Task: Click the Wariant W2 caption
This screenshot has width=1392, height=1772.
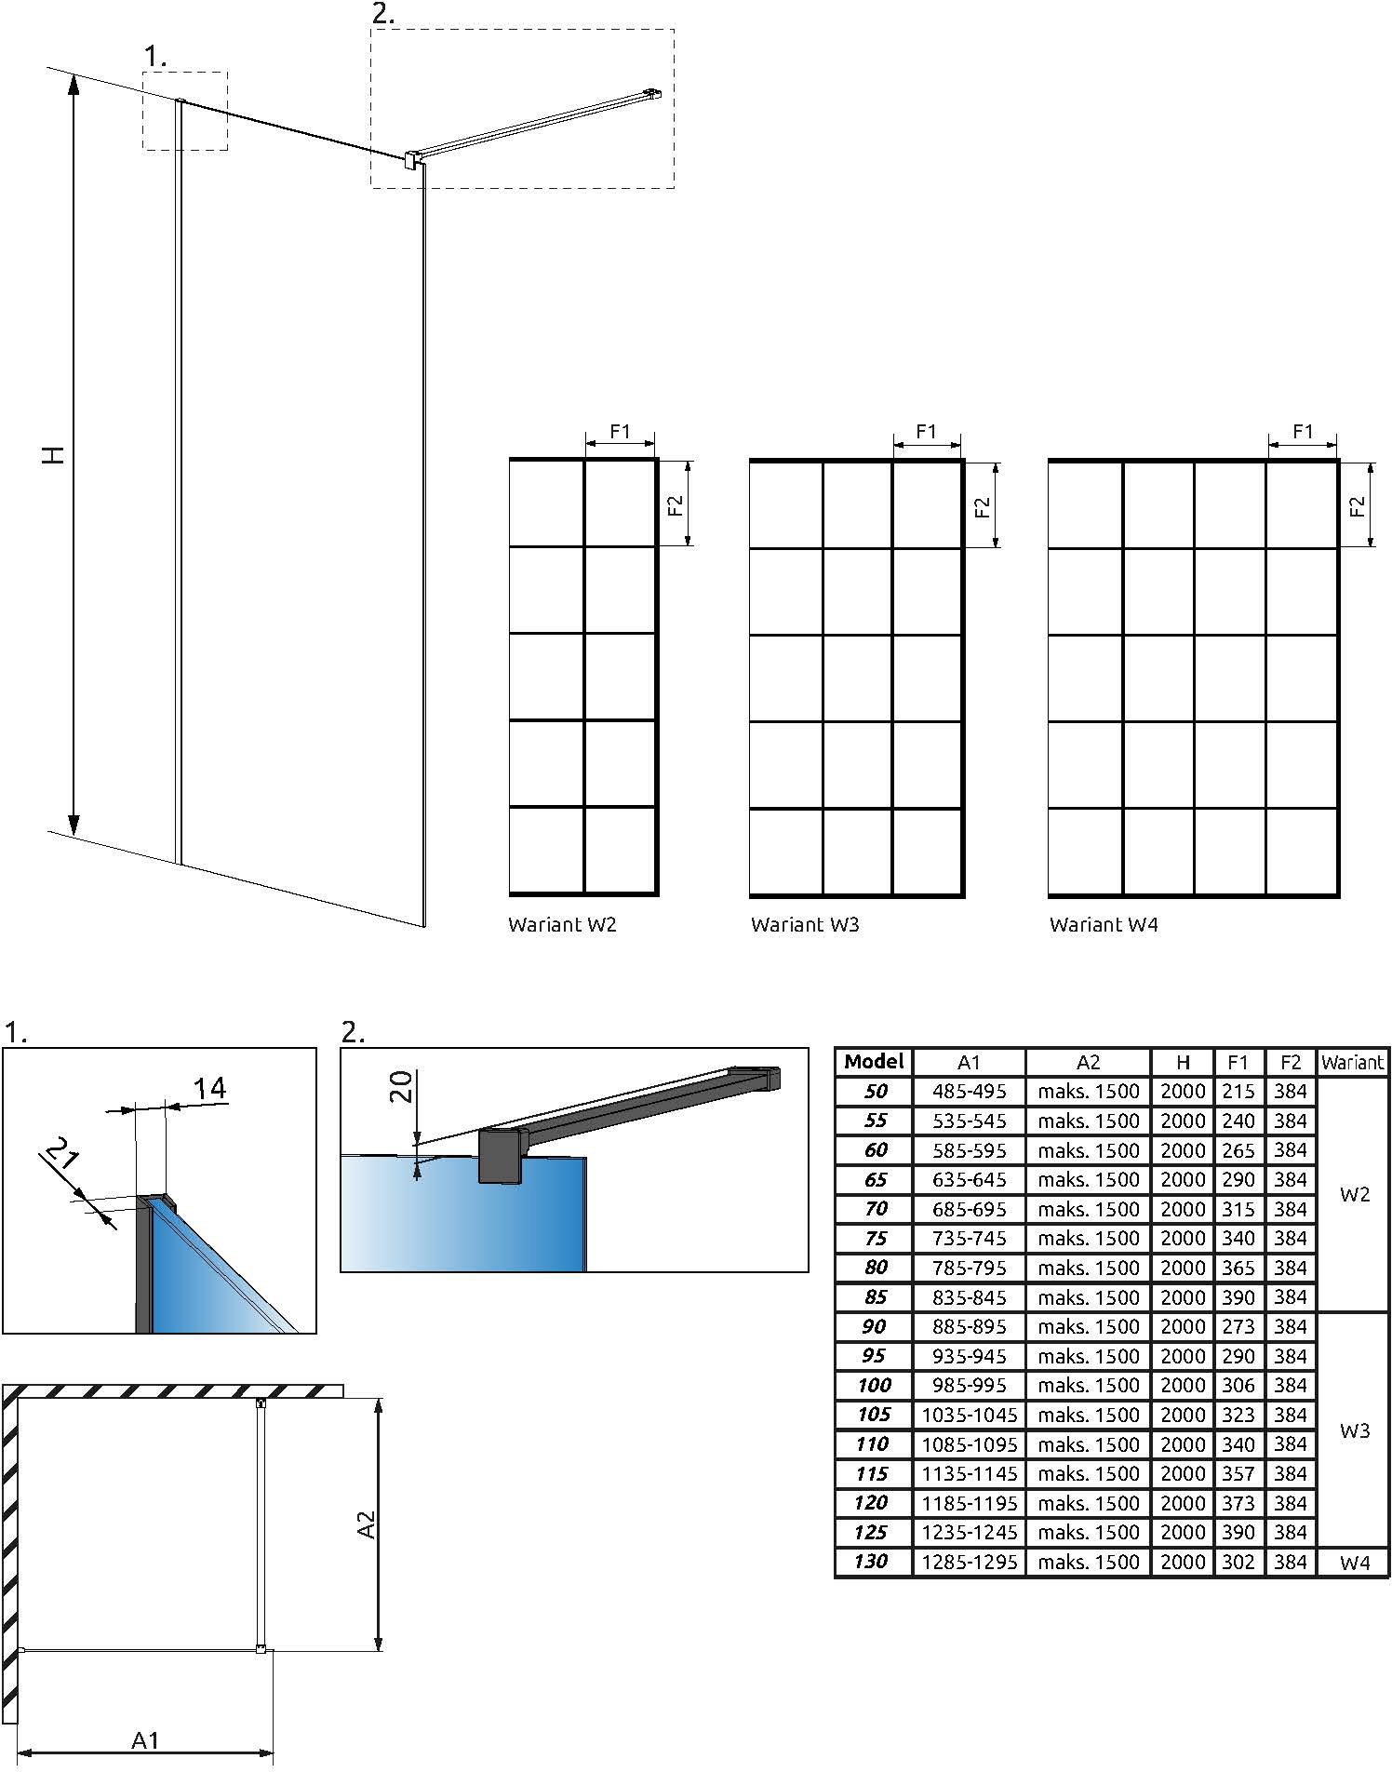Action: click(562, 924)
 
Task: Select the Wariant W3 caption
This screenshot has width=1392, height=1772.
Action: click(805, 924)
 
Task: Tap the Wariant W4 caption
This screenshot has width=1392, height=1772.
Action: click(1104, 924)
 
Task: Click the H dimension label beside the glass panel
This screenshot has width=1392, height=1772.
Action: click(56, 455)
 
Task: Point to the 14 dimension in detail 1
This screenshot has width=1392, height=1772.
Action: click(210, 1087)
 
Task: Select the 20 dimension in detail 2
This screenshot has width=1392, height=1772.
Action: click(400, 1086)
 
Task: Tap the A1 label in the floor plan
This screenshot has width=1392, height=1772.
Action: click(145, 1739)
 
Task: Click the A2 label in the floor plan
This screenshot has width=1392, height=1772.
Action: click(367, 1525)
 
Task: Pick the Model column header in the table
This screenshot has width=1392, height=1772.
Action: click(874, 1062)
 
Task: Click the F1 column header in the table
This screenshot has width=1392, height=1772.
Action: click(1238, 1062)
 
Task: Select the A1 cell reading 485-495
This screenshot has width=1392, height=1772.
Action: click(969, 1091)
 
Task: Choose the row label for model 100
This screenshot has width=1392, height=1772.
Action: click(874, 1385)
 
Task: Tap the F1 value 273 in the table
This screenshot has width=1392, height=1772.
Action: click(1238, 1326)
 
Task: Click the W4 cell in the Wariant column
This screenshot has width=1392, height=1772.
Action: click(1355, 1563)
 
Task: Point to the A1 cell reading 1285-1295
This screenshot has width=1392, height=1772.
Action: click(969, 1562)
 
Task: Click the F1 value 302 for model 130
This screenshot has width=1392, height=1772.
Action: click(1238, 1562)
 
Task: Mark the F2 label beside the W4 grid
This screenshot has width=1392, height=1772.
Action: click(1358, 506)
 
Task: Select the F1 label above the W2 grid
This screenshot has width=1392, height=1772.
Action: click(620, 431)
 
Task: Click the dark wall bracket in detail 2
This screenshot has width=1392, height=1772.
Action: click(501, 1156)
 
